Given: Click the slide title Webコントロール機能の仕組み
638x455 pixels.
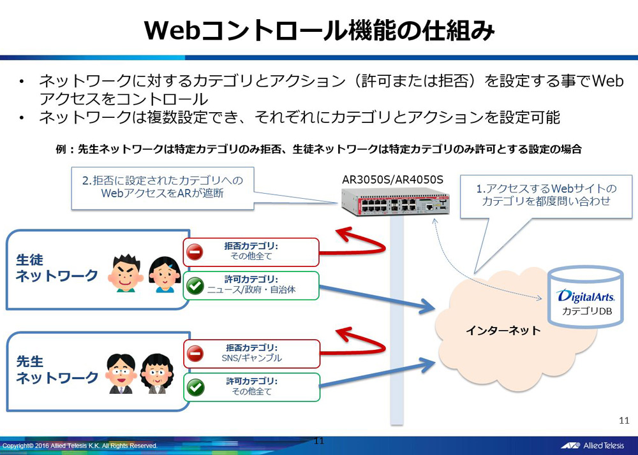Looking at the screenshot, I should coord(318,31).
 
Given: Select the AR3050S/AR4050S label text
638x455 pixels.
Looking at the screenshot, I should coord(393,179).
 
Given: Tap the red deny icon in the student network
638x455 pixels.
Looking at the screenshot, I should coord(195,252).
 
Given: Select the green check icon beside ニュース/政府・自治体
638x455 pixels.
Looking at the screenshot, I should coord(195,286).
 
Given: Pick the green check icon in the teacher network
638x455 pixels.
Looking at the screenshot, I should coord(195,387).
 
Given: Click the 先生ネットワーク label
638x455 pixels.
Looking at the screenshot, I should coord(56,370).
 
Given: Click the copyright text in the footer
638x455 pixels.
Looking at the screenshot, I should coord(80,445).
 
